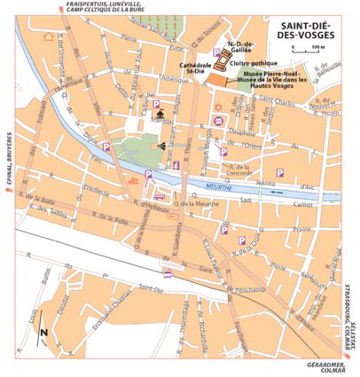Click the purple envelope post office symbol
pos(160,197)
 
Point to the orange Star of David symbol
pos(218,118)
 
